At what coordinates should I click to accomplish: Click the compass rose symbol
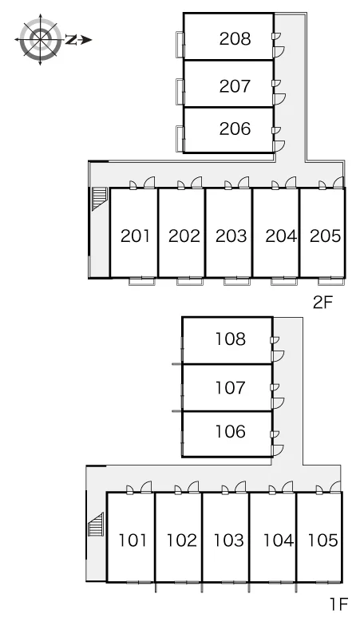pos(40,39)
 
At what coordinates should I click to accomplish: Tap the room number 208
pos(235,38)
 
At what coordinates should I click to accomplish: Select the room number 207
pos(235,86)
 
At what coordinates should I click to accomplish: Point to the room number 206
pos(235,129)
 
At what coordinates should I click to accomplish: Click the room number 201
pos(135,236)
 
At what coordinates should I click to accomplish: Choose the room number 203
pos(231,236)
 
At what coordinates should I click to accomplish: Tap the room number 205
pos(325,236)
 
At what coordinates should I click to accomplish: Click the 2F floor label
pos(323,303)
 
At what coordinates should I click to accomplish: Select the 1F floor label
pos(339,604)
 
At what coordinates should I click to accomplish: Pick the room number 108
pos(231,339)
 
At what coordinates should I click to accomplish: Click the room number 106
pos(231,432)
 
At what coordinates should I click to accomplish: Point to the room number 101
pos(133,540)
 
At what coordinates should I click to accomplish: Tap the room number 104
pos(278,540)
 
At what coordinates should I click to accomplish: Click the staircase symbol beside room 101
pos(96,525)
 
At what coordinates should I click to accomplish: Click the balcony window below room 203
pos(237,281)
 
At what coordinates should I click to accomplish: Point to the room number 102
pos(181,540)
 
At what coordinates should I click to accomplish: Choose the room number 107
pos(231,387)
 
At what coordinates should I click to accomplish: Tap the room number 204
pos(281,236)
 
